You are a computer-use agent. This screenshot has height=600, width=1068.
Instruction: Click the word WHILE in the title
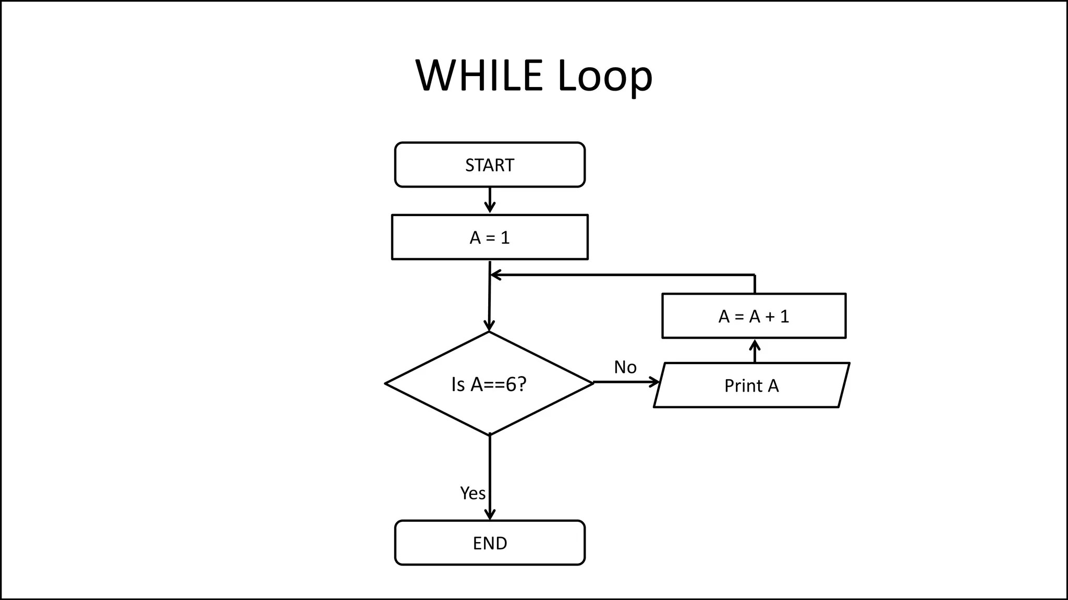coord(479,76)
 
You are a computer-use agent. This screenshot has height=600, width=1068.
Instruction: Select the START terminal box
coord(490,165)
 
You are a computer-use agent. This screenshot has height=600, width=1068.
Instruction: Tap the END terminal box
coord(490,543)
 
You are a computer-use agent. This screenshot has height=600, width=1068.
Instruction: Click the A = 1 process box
coord(490,237)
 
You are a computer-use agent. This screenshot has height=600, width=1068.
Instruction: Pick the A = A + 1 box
coord(754,316)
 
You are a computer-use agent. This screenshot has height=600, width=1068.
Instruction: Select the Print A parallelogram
coord(751,385)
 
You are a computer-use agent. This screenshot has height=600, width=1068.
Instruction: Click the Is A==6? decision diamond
coord(489,384)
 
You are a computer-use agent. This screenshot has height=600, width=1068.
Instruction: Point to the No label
coord(625,367)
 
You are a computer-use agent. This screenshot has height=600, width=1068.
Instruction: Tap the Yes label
coord(472,493)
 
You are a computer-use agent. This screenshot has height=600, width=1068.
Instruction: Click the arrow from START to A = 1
coord(490,201)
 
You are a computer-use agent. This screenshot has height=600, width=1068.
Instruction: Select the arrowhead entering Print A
coord(655,382)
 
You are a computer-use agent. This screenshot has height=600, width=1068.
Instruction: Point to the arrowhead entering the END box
coord(490,515)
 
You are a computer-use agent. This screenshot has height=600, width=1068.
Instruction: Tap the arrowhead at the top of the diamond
coord(489,326)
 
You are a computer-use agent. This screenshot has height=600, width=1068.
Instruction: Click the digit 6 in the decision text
coord(511,384)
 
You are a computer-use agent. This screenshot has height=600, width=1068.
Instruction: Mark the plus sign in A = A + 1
coord(770,316)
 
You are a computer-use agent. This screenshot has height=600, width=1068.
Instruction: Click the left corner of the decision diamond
coord(386,383)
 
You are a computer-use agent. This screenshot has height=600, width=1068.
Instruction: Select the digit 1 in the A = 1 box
coord(505,238)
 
